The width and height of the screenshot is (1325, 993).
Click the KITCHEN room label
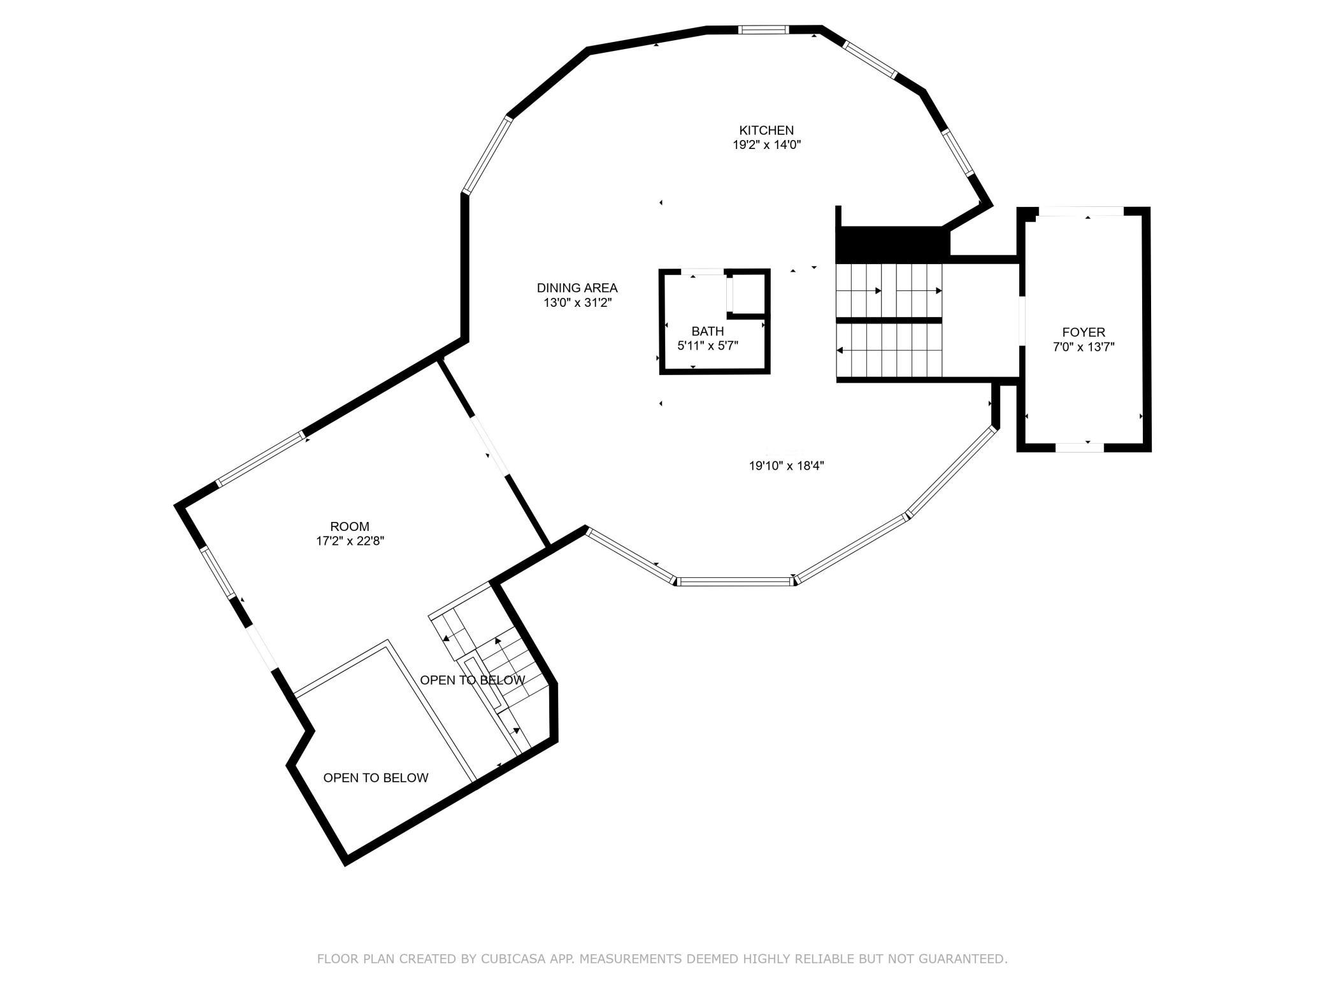point(766,130)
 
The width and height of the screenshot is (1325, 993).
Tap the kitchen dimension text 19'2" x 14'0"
point(766,145)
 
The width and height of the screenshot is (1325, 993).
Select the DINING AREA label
point(577,288)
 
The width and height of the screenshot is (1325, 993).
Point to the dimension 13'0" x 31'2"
point(577,303)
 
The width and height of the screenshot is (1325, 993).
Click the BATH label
point(708,331)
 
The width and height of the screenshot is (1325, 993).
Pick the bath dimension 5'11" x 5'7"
point(708,346)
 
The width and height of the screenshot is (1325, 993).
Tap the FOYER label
point(1084,332)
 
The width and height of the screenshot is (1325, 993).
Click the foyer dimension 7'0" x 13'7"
point(1084,347)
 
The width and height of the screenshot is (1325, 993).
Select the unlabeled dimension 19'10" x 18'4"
point(786,466)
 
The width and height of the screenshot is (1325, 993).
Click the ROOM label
point(350,526)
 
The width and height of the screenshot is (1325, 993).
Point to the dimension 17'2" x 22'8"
point(350,541)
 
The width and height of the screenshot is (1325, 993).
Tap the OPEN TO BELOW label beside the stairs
point(473,680)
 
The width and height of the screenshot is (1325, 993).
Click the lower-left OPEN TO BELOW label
point(376,777)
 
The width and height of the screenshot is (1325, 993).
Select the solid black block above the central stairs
point(892,243)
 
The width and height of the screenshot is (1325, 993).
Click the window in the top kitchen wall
point(764,29)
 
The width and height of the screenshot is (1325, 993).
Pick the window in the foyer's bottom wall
point(1080,447)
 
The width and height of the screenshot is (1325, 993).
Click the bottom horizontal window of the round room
point(734,581)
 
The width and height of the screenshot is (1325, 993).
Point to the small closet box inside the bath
point(746,295)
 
